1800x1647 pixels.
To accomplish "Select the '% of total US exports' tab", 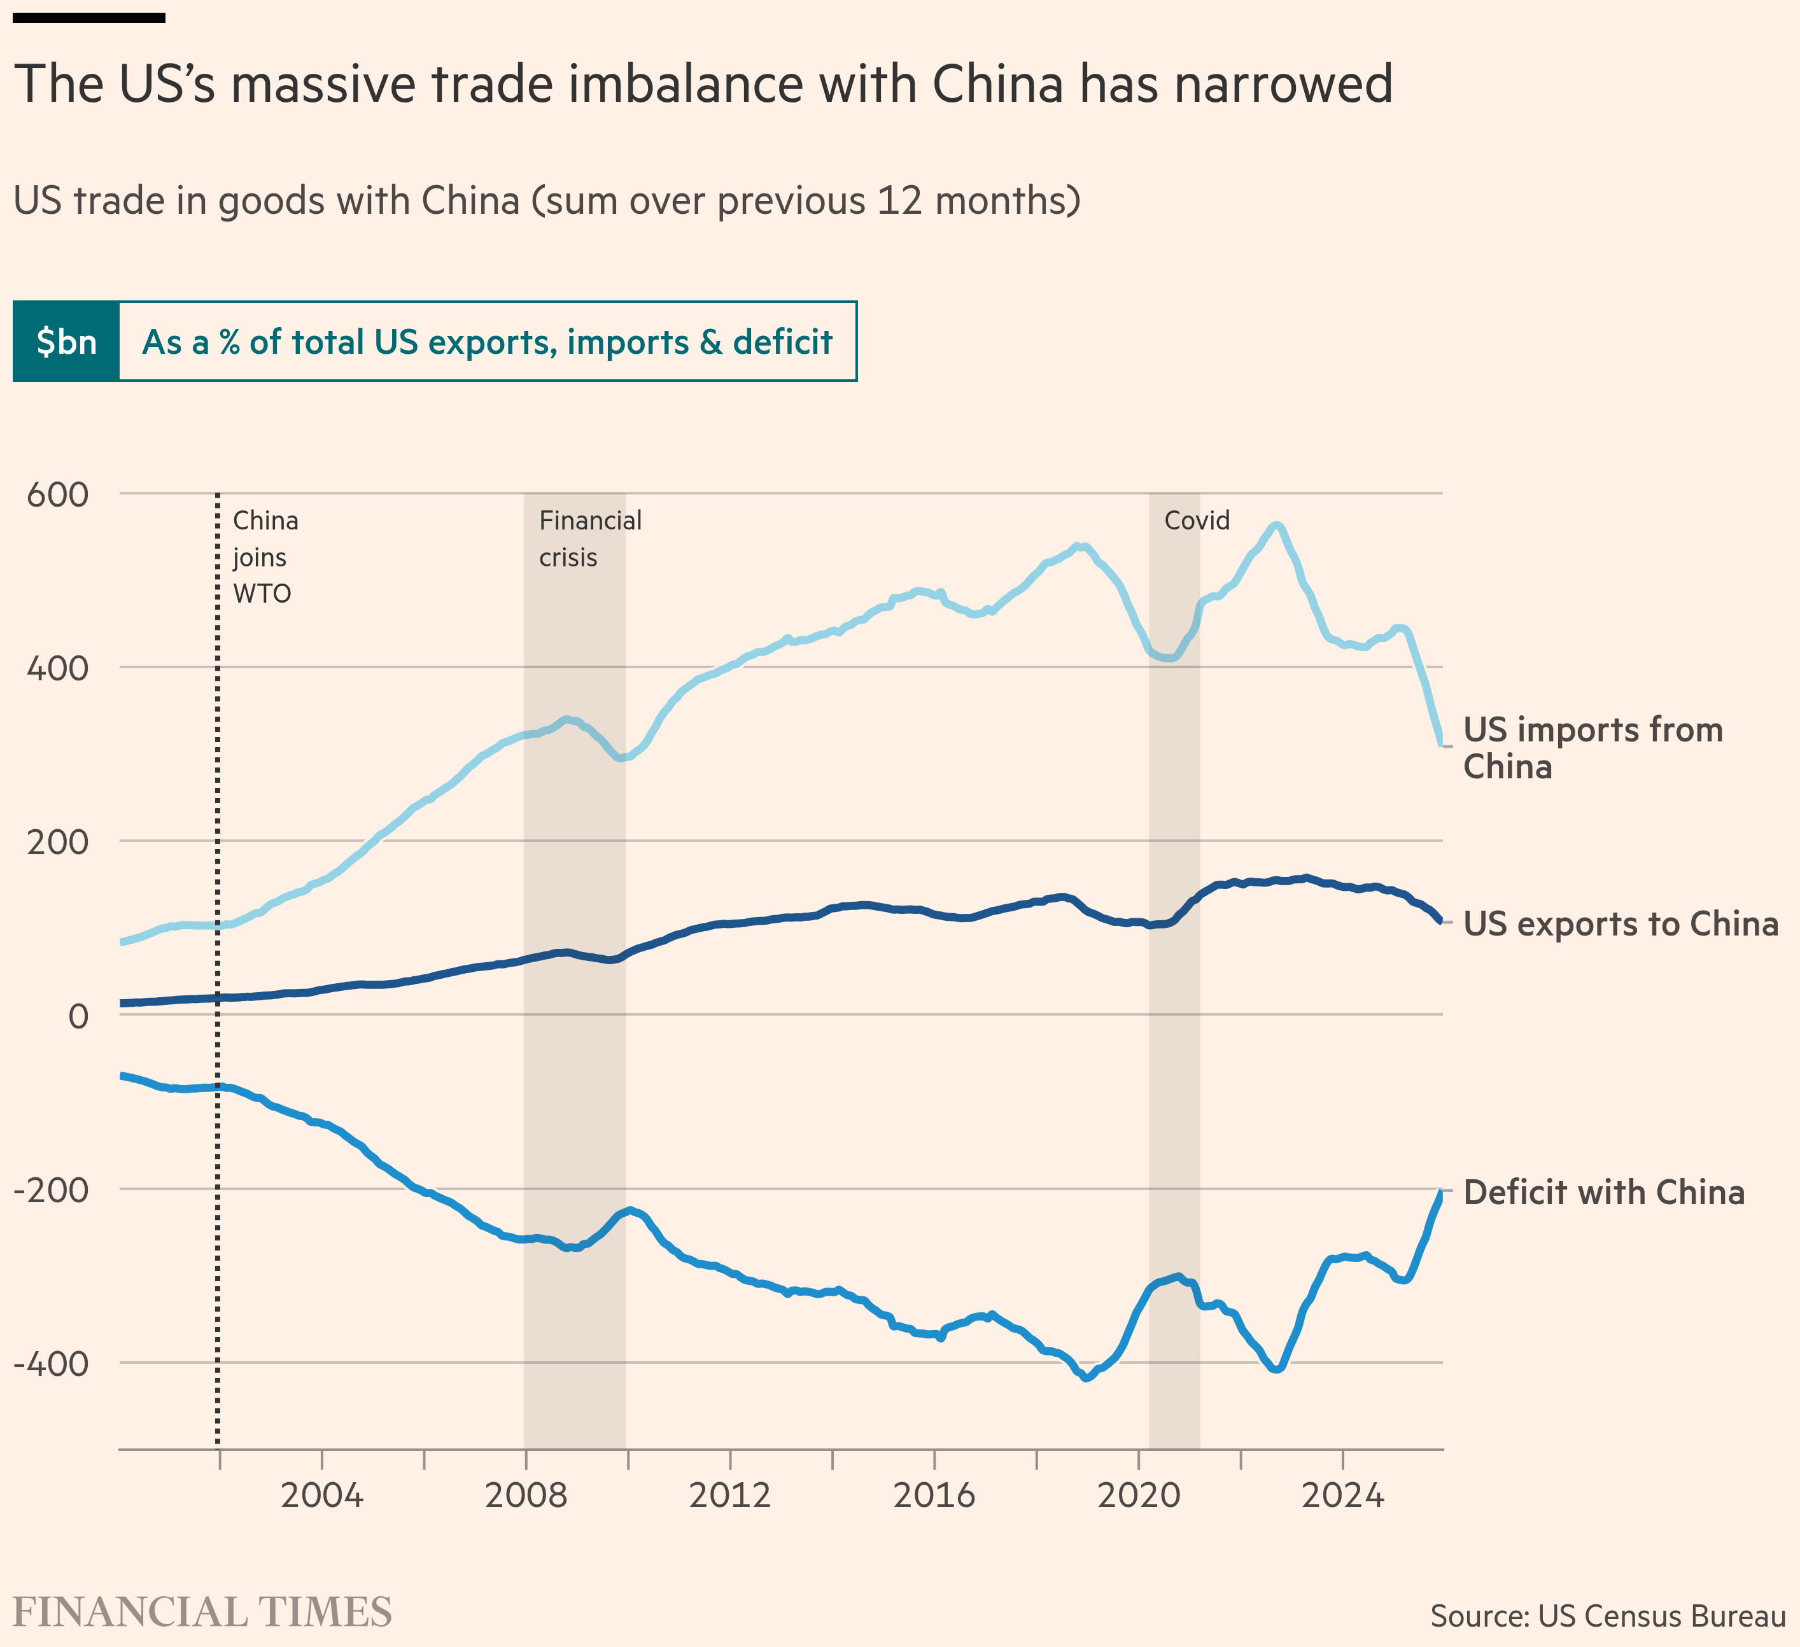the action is (x=488, y=342).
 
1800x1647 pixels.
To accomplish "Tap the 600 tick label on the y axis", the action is (x=58, y=494).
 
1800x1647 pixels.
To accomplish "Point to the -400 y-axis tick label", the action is (x=52, y=1364).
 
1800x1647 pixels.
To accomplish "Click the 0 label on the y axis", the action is (x=78, y=1016).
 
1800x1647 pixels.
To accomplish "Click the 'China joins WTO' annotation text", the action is (x=265, y=557).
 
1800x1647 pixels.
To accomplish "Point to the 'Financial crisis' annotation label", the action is (x=590, y=539).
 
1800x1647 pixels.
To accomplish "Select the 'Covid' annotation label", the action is (x=1197, y=521).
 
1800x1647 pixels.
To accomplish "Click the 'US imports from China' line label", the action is (x=1593, y=748).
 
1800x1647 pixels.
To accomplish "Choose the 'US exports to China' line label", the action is (x=1621, y=924).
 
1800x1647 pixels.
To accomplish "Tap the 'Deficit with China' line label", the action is (x=1603, y=1193).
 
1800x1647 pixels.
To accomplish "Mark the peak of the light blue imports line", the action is (x=1277, y=526).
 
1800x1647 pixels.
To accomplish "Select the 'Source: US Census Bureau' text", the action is (x=1608, y=1616).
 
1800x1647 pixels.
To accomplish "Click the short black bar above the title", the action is (x=89, y=17).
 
